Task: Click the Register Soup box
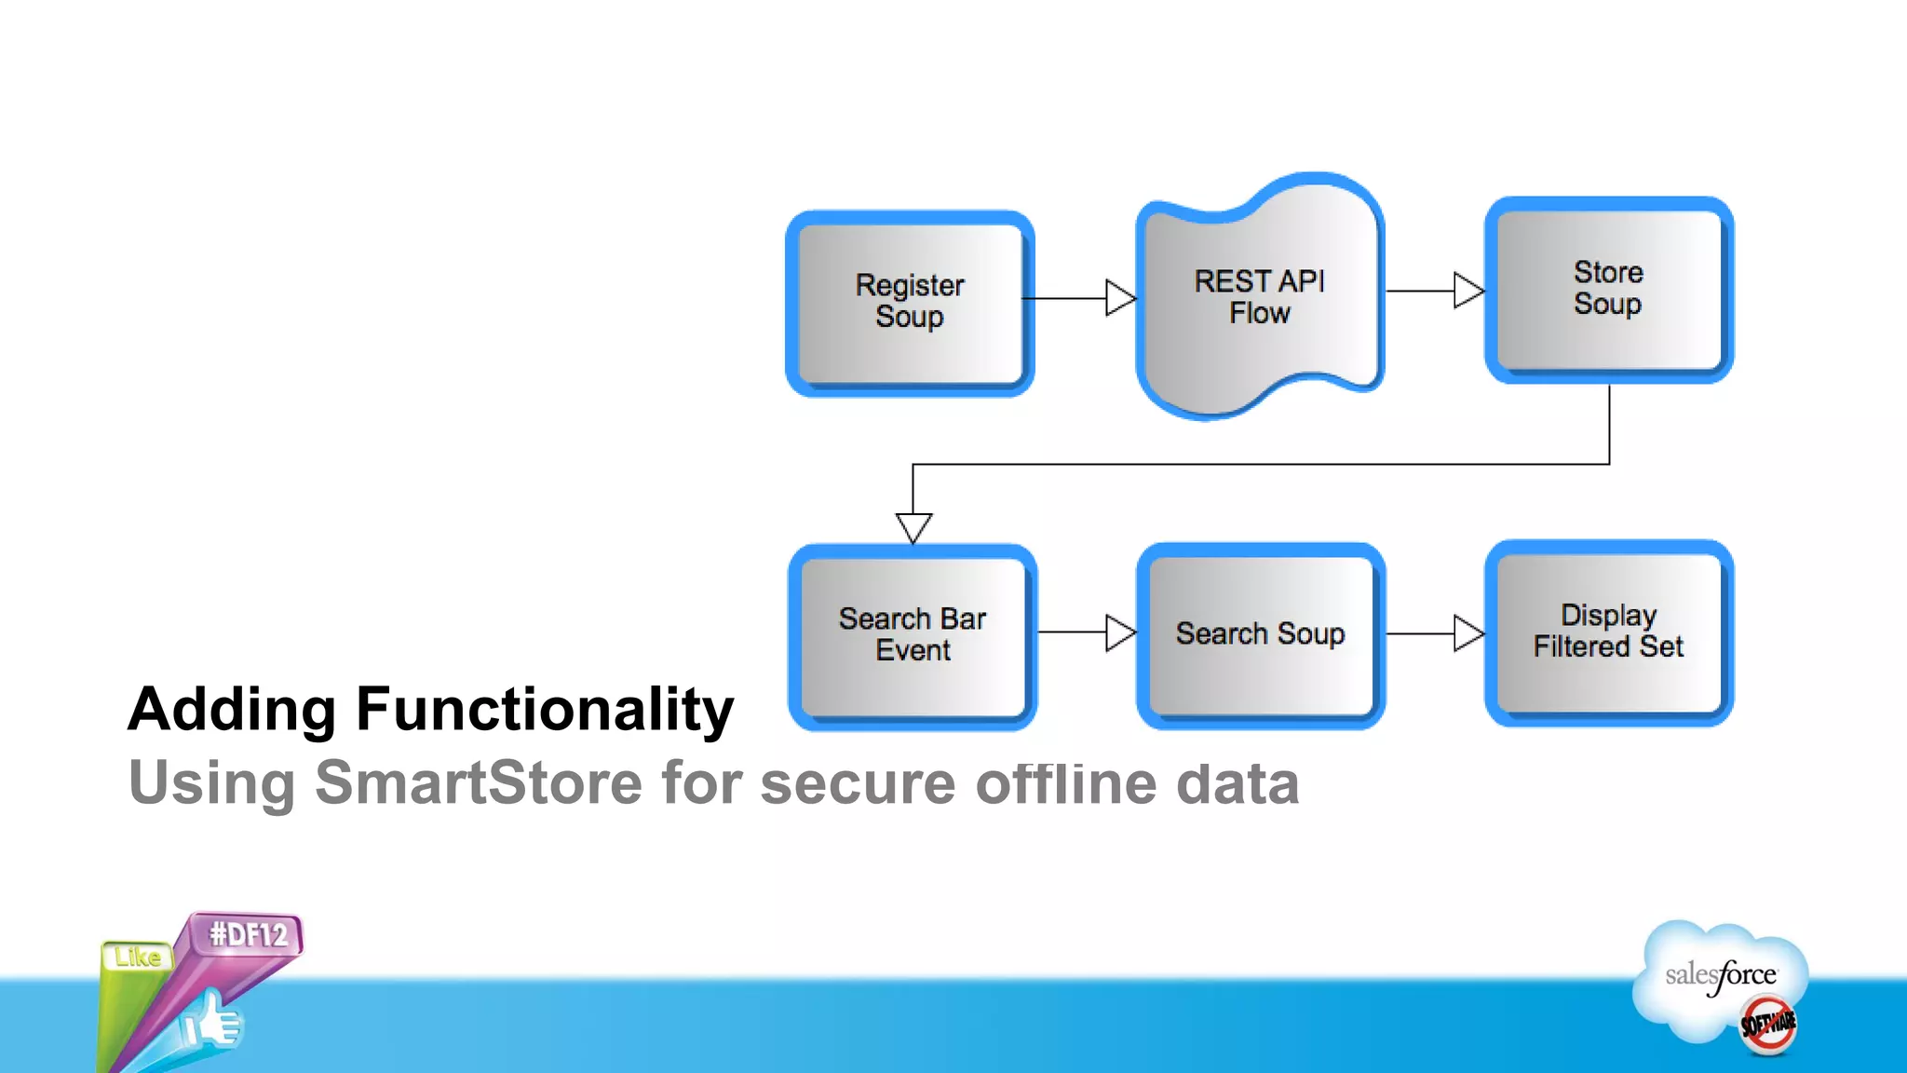point(910,303)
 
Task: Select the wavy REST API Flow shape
point(1260,296)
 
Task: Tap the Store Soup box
point(1608,289)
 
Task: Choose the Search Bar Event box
point(913,636)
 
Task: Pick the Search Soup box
point(1260,634)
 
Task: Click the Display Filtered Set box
point(1608,632)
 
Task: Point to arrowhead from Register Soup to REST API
point(1119,298)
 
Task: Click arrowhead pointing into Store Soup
point(1467,291)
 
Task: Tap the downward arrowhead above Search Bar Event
point(913,525)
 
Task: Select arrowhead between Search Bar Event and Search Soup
point(1119,632)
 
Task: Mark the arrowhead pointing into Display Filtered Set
point(1467,633)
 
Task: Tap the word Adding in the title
point(232,710)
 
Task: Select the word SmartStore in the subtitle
point(478,782)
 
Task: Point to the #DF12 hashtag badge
point(249,934)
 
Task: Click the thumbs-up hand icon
point(214,1022)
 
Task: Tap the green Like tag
point(138,958)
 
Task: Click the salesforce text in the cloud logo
point(1720,975)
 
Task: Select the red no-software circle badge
point(1767,1025)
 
